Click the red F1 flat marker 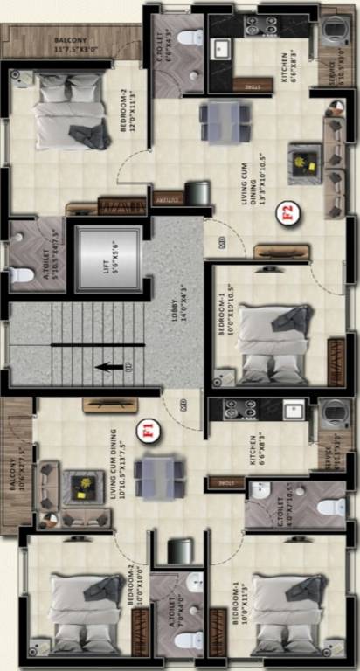(x=149, y=429)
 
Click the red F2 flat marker (x=285, y=212)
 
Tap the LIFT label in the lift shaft (x=107, y=260)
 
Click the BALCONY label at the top (x=70, y=41)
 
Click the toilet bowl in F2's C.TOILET (x=190, y=38)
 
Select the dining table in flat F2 (x=221, y=121)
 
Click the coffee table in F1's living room (x=86, y=487)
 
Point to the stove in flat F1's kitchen (x=238, y=409)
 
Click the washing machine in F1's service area (x=333, y=414)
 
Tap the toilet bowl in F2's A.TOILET (x=22, y=274)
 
